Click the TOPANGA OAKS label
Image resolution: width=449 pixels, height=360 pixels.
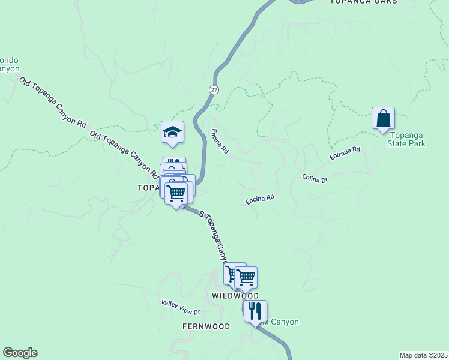pyautogui.click(x=364, y=2)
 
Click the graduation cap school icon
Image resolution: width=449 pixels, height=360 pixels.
pyautogui.click(x=172, y=133)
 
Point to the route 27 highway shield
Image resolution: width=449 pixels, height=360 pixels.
pyautogui.click(x=214, y=89)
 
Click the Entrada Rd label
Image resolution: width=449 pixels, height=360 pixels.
pyautogui.click(x=345, y=154)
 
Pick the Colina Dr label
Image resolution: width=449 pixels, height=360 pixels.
pyautogui.click(x=315, y=178)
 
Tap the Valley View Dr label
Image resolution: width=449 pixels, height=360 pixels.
pyautogui.click(x=180, y=308)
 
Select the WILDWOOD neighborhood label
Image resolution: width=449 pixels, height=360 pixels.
pyautogui.click(x=235, y=296)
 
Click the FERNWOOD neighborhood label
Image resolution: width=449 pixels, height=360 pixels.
pyautogui.click(x=206, y=326)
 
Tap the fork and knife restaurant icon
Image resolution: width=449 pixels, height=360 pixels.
pyautogui.click(x=255, y=311)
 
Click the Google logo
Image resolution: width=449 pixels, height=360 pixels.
pyautogui.click(x=20, y=353)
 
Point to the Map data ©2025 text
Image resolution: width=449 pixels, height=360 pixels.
pyautogui.click(x=423, y=355)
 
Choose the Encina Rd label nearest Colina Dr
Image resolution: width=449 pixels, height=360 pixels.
pyautogui.click(x=260, y=199)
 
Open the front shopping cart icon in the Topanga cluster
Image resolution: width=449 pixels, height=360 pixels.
pyautogui.click(x=176, y=193)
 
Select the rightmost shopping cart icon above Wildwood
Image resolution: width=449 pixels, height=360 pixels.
pyautogui.click(x=246, y=277)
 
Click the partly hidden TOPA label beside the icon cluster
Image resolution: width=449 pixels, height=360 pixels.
pyautogui.click(x=149, y=188)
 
